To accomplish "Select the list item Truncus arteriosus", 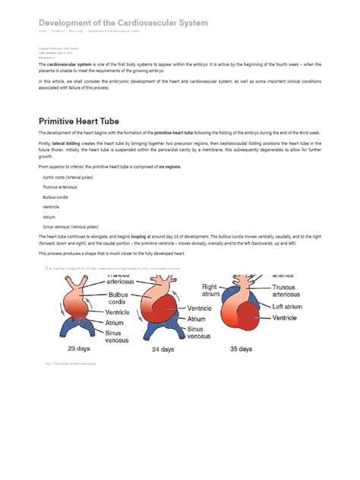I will tap(62, 188).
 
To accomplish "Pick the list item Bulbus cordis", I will tap(55, 197).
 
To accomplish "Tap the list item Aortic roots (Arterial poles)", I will tap(68, 178).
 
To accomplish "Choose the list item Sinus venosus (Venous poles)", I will tap(69, 226).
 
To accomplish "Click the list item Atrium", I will tap(49, 216).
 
